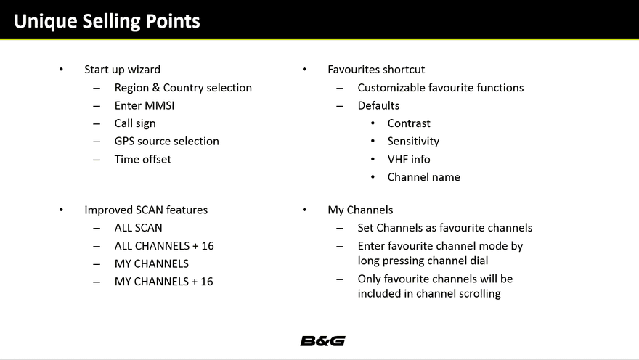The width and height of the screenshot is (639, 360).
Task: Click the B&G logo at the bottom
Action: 322,340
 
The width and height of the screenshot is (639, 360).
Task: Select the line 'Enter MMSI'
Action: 144,105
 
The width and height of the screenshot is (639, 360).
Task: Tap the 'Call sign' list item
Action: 134,123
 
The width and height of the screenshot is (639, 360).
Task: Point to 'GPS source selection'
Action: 166,141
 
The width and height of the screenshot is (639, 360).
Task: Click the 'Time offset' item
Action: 142,159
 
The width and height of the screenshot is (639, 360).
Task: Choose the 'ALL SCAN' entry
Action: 138,228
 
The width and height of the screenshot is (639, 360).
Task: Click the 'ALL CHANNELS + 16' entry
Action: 163,245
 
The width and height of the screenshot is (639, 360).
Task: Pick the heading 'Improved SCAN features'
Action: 145,210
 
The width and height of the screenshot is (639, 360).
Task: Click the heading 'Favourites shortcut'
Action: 376,70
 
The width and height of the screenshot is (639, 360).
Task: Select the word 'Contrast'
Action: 408,123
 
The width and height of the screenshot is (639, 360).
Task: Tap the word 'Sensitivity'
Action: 413,141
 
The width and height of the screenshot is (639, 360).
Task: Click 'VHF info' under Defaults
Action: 408,159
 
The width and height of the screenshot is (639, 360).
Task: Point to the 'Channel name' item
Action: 423,176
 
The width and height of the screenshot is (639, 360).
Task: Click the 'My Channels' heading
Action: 360,210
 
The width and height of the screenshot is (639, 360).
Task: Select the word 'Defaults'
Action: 378,105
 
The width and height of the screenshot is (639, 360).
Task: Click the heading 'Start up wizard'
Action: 122,70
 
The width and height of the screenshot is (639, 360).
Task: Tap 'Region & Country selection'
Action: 183,88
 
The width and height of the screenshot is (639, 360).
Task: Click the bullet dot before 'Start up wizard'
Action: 62,70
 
